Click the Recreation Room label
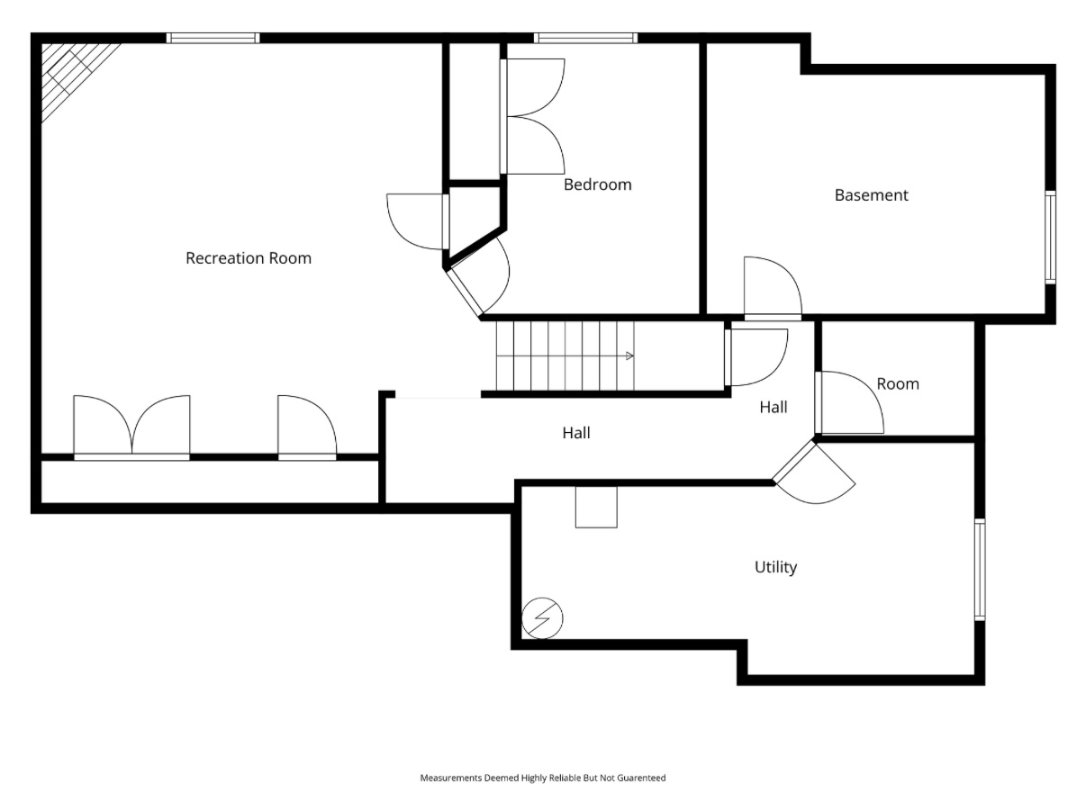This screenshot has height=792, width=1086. pos(249,258)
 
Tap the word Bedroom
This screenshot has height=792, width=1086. pos(597,184)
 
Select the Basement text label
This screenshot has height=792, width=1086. pos(871,195)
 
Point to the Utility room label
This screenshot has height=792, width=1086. pos(775,568)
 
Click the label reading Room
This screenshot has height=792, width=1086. pos(898,384)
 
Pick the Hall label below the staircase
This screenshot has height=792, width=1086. pos(576,433)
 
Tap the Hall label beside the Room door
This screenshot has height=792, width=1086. pos(774,407)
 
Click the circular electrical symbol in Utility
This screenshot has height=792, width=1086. pos(542,618)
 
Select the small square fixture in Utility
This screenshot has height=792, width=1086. pos(596,507)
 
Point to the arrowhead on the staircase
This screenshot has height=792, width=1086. pos(629,356)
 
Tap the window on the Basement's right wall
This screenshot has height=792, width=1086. pos(1050,238)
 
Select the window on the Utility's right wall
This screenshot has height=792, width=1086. pos(980,570)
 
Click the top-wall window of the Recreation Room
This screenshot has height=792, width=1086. pos(213,39)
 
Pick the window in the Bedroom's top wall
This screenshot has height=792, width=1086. pos(585,39)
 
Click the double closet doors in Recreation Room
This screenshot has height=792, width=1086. pos(131,427)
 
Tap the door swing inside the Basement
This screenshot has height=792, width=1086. pos(773,288)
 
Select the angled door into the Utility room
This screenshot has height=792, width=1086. pos(813,472)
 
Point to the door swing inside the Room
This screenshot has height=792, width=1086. pos(849,402)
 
